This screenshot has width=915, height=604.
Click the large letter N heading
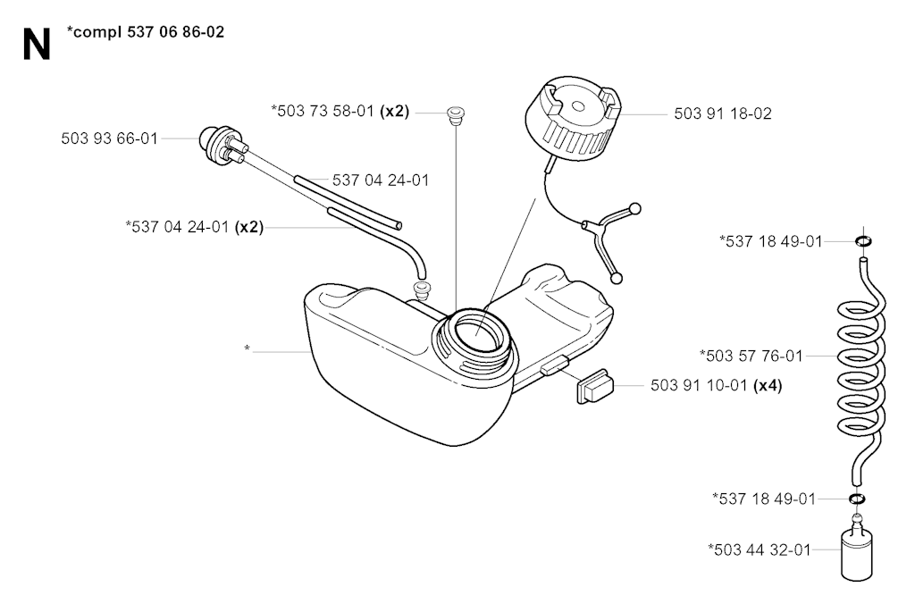pos(36,45)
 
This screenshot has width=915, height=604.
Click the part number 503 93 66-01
pos(110,138)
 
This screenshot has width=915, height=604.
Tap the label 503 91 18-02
pos(722,113)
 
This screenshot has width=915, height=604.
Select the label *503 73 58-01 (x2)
pos(340,111)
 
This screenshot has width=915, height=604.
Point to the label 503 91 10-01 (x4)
pos(716,385)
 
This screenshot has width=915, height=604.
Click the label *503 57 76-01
pos(751,356)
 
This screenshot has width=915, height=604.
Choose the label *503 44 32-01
pos(760,549)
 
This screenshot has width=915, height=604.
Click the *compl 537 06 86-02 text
pos(146,32)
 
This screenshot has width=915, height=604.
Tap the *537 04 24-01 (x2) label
pos(194,226)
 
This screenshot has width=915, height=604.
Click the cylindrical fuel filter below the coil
pos(856,549)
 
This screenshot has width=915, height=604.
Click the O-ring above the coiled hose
pos(864,240)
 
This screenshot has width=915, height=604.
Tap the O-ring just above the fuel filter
pos(857,499)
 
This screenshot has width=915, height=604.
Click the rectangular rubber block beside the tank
pos(595,386)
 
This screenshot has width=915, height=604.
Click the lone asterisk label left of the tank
pos(247,349)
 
